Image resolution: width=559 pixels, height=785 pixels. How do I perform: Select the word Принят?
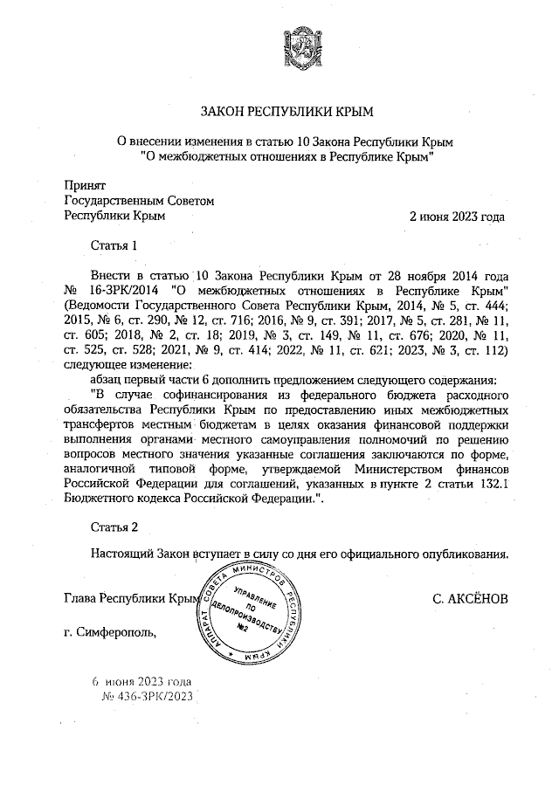[86, 185]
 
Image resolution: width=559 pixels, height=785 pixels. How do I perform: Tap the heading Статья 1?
[114, 246]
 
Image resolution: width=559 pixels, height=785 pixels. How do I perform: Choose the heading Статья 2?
[114, 526]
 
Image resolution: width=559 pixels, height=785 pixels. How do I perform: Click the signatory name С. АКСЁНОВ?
[469, 599]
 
